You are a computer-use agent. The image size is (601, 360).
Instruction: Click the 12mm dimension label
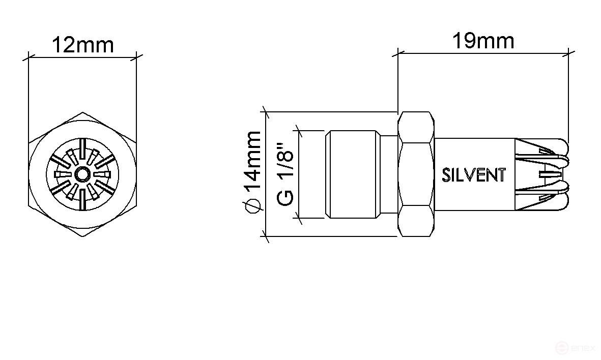[x=82, y=45]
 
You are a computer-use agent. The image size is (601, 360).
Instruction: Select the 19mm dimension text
[x=483, y=41]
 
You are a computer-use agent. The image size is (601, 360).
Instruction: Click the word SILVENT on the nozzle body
[x=474, y=175]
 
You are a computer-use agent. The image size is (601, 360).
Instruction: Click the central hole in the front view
[x=82, y=175]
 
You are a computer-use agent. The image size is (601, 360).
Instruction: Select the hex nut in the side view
[x=417, y=174]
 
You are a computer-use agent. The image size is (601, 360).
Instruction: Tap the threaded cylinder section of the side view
[x=352, y=174]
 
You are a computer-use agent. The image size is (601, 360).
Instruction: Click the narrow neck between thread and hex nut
[x=389, y=174]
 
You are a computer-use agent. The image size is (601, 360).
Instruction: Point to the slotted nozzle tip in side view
[x=542, y=174]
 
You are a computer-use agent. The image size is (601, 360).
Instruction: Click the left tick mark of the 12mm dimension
[x=28, y=57]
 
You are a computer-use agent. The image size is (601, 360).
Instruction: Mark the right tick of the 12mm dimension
[x=136, y=57]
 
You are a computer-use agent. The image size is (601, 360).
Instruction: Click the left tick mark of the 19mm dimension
[x=397, y=52]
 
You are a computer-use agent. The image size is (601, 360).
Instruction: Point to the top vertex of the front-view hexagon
[x=82, y=112]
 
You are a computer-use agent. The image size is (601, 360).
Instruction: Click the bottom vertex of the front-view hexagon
[x=82, y=237]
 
